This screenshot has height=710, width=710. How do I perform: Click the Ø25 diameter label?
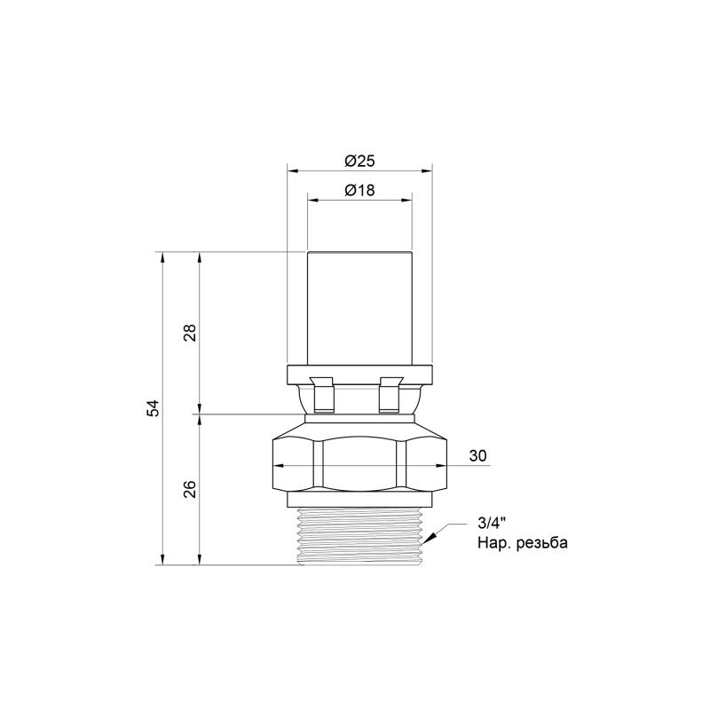coord(359,161)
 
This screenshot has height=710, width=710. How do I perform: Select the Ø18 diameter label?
coord(359,190)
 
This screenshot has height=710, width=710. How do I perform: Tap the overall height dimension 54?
coord(154,408)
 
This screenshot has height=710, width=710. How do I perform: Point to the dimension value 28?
coord(190,333)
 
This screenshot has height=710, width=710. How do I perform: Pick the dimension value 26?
coord(190,490)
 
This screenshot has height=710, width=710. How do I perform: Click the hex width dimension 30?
coord(477,455)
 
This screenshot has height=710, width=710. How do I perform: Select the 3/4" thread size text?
coord(492,524)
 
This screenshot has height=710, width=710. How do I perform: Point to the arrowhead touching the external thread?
coord(431,537)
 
